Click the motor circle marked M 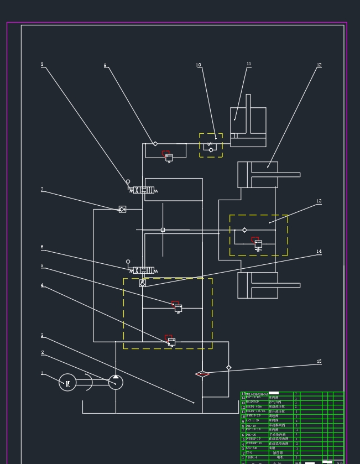(67, 382)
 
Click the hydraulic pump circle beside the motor (116, 382)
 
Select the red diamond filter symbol (202, 374)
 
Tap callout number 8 (42, 65)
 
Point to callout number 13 (319, 202)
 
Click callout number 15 (319, 362)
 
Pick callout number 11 (249, 65)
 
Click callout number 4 (42, 285)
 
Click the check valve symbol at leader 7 (122, 209)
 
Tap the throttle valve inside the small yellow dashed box (211, 145)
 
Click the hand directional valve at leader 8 (143, 190)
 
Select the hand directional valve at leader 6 (143, 270)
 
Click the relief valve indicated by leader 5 (178, 307)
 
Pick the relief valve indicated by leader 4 (171, 341)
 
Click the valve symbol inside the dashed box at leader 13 (257, 243)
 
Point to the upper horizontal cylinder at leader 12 (258, 174)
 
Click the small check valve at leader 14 (142, 284)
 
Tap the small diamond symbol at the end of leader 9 (155, 144)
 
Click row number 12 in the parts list (243, 407)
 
